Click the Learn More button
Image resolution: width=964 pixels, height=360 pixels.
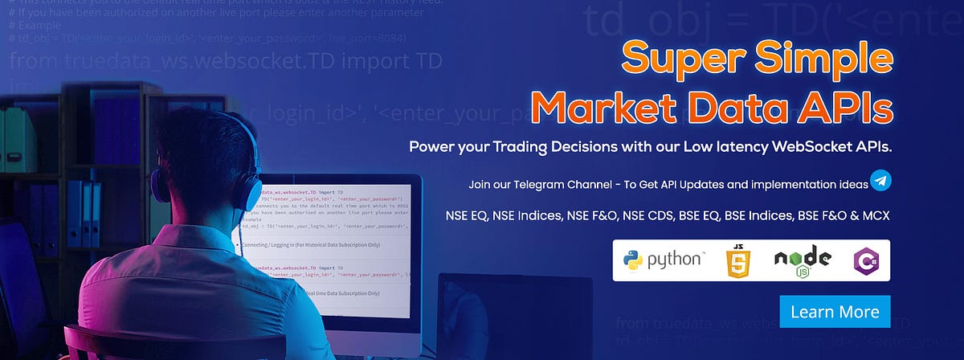coord(835,311)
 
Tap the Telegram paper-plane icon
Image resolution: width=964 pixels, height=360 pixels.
coord(881,182)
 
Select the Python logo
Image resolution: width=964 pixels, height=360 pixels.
coord(664,260)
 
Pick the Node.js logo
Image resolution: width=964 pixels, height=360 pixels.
coord(802,261)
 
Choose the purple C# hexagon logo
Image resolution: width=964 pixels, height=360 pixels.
coord(866,260)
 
